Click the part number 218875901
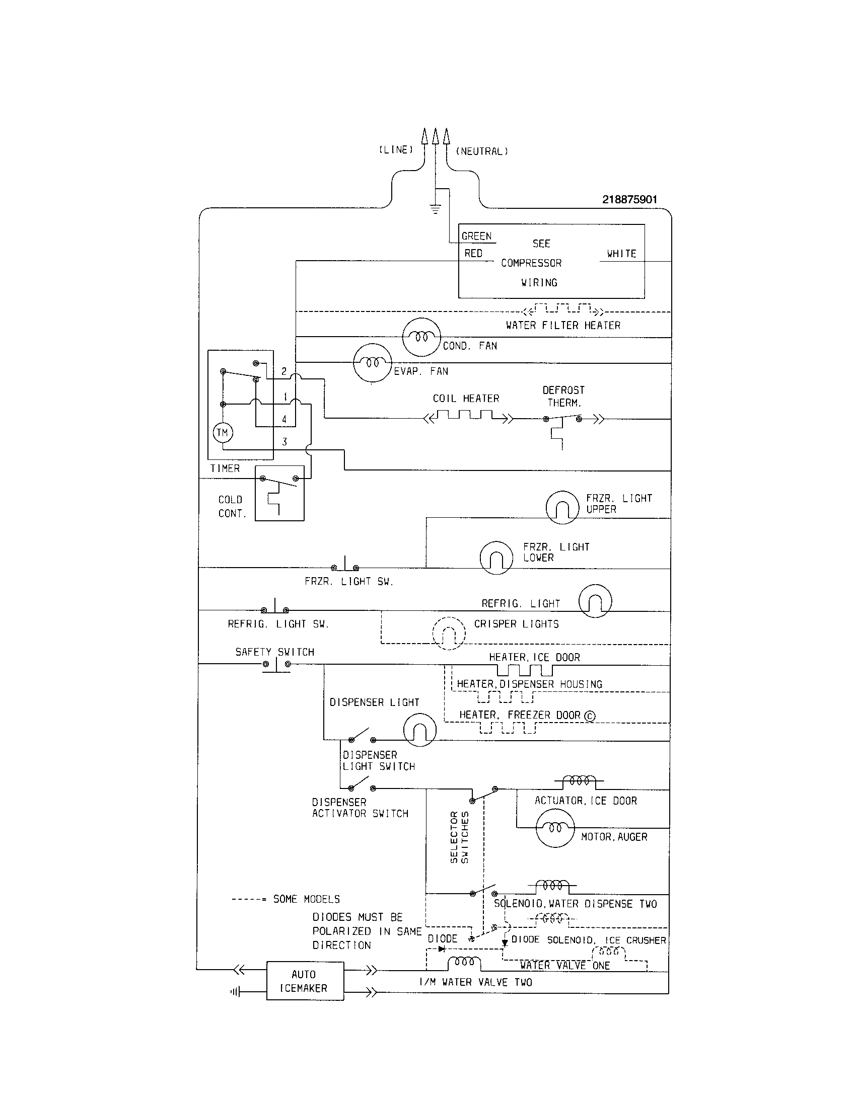[x=629, y=200]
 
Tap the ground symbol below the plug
[x=435, y=208]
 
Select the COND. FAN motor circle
[x=421, y=337]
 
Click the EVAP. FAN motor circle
[x=372, y=363]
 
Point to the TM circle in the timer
[x=222, y=433]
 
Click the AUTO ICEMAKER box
[x=305, y=981]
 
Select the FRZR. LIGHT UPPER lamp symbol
[x=562, y=507]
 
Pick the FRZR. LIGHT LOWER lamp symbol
[x=496, y=558]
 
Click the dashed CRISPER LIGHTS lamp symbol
[x=449, y=634]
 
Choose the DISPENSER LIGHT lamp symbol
[x=419, y=730]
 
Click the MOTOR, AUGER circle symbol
[x=555, y=828]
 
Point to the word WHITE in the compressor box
[x=621, y=254]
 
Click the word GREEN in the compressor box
[x=476, y=236]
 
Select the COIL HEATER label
[x=466, y=399]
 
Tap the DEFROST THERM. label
[x=563, y=397]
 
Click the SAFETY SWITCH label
[x=274, y=652]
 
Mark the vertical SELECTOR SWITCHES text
[x=459, y=837]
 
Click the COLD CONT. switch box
[x=279, y=493]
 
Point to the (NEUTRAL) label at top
[x=481, y=151]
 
